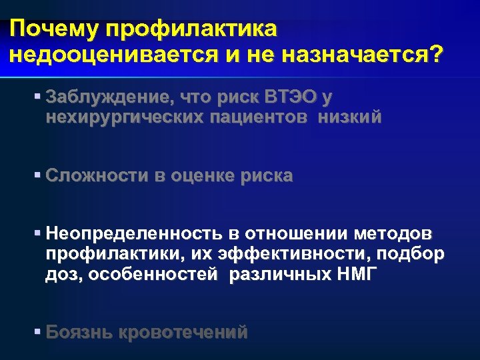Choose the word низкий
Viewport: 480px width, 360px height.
point(350,117)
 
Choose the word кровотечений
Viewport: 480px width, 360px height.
point(184,332)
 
